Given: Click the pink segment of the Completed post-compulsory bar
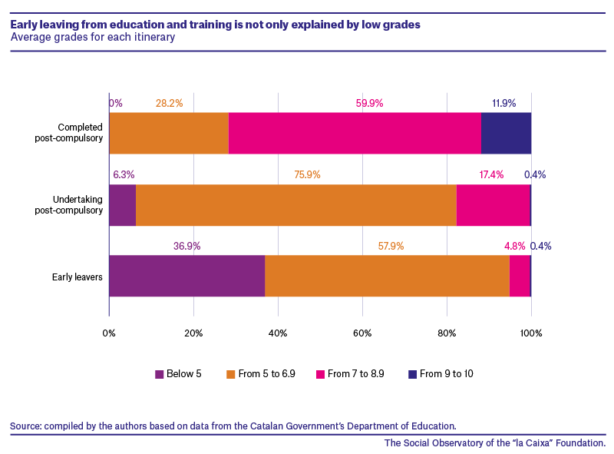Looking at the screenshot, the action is pyautogui.click(x=355, y=134).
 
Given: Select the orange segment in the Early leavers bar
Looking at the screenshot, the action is pyautogui.click(x=388, y=276).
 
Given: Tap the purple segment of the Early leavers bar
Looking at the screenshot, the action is pyautogui.click(x=187, y=276).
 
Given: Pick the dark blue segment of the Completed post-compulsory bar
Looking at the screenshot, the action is pyautogui.click(x=507, y=134).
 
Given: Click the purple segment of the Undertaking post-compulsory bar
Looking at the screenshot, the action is pyautogui.click(x=123, y=205).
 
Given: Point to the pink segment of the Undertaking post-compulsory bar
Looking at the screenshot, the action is pyautogui.click(x=494, y=205).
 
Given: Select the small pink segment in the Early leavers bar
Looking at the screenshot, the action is pyautogui.click(x=520, y=276).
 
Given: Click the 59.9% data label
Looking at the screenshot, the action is pyautogui.click(x=369, y=103).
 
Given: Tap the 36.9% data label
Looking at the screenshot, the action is pyautogui.click(x=187, y=246).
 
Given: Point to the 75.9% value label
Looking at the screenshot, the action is pyautogui.click(x=308, y=174).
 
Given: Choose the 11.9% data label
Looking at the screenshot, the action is pyautogui.click(x=504, y=103).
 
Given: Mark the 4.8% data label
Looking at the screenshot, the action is pyautogui.click(x=514, y=246).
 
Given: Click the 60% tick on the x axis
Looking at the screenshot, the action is pyautogui.click(x=362, y=333).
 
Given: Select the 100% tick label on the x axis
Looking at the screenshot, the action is pyautogui.click(x=531, y=333).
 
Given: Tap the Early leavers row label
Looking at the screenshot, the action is pyautogui.click(x=78, y=277).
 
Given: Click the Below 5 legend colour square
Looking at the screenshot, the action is pyautogui.click(x=160, y=374).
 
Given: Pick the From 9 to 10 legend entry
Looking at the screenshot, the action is pyautogui.click(x=441, y=374).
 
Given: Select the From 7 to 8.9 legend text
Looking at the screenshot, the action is pyautogui.click(x=356, y=374).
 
